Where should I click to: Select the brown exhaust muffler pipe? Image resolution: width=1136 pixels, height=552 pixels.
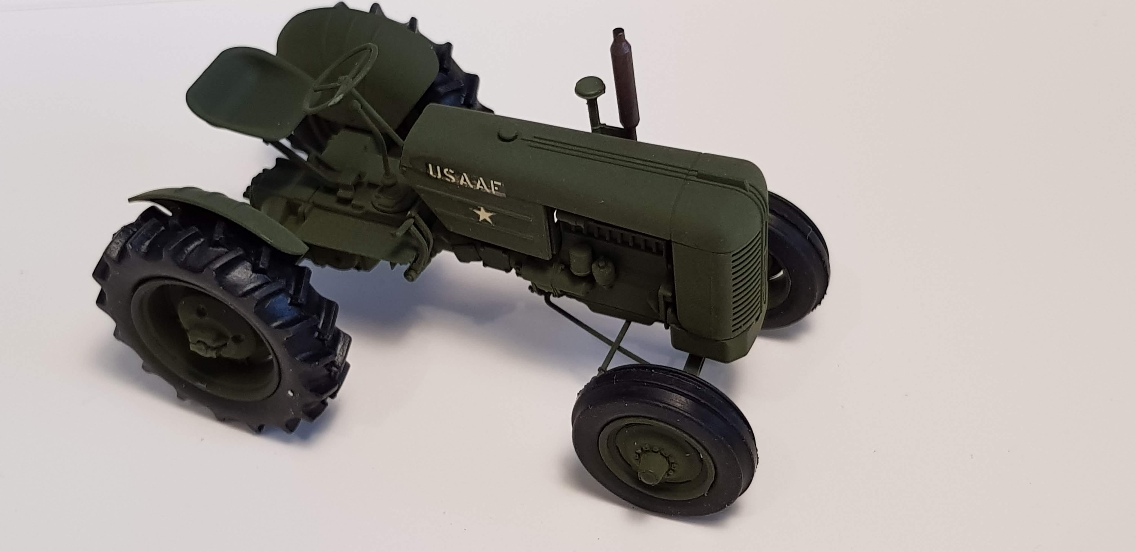click(622, 84)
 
